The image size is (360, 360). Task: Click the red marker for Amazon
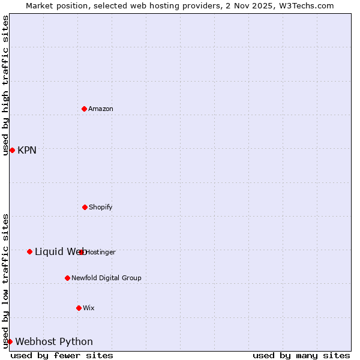pyautogui.click(x=85, y=109)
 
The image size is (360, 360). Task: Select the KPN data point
pyautogui.click(x=12, y=150)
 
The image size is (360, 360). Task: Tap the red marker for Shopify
pyautogui.click(x=85, y=207)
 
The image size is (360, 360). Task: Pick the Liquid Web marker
pyautogui.click(x=29, y=251)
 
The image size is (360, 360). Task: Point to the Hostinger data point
pyautogui.click(x=82, y=252)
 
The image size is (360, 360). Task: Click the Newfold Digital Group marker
pyautogui.click(x=67, y=278)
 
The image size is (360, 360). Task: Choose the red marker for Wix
pyautogui.click(x=79, y=308)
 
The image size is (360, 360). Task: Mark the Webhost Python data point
pyautogui.click(x=10, y=341)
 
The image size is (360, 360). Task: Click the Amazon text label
pyautogui.click(x=101, y=109)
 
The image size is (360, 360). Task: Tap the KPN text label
pyautogui.click(x=27, y=150)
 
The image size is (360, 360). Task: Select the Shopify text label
pyautogui.click(x=101, y=207)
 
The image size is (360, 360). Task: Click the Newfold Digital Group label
pyautogui.click(x=106, y=278)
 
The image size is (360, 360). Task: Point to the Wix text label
pyautogui.click(x=89, y=308)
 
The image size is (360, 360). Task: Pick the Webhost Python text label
pyautogui.click(x=54, y=341)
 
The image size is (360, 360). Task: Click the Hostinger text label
pyautogui.click(x=101, y=252)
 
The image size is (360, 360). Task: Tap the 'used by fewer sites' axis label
pyautogui.click(x=62, y=355)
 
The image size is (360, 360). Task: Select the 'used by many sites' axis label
pyautogui.click(x=301, y=355)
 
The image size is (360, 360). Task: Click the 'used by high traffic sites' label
pyautogui.click(x=5, y=85)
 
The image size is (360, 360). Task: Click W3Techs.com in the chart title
pyautogui.click(x=305, y=5)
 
